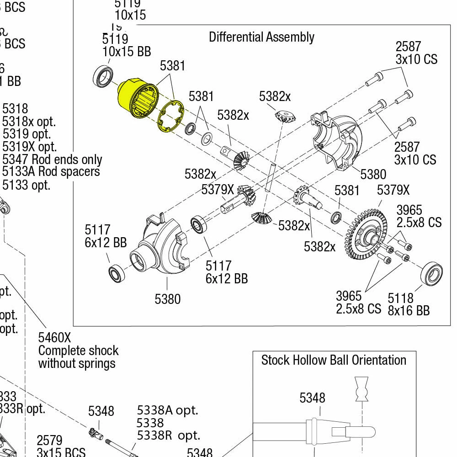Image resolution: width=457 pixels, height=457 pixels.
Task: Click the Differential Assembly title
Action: click(x=261, y=37)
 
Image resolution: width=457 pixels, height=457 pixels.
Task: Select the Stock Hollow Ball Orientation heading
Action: click(x=334, y=360)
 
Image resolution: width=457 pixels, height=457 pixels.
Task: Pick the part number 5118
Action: click(x=400, y=298)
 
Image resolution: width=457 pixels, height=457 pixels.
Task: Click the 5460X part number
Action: click(x=54, y=338)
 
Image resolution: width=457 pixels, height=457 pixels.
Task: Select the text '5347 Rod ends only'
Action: click(x=52, y=159)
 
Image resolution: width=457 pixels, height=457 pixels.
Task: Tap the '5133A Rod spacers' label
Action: click(x=51, y=172)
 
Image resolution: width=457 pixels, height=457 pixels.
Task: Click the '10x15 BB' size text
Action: click(x=127, y=51)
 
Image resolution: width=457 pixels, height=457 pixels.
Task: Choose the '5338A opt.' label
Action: click(x=168, y=410)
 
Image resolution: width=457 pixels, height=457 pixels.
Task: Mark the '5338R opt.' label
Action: click(x=168, y=436)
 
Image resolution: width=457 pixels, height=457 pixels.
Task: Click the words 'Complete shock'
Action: click(x=78, y=351)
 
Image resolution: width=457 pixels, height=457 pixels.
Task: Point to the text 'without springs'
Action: click(x=77, y=363)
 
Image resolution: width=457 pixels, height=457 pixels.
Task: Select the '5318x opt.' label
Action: click(x=29, y=122)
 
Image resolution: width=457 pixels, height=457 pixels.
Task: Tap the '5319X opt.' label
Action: click(x=30, y=147)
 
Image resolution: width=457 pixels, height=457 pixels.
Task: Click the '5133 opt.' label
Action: click(x=27, y=185)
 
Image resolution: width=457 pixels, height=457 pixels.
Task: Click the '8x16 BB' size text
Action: click(x=409, y=310)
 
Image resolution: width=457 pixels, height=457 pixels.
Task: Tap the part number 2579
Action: click(x=49, y=441)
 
